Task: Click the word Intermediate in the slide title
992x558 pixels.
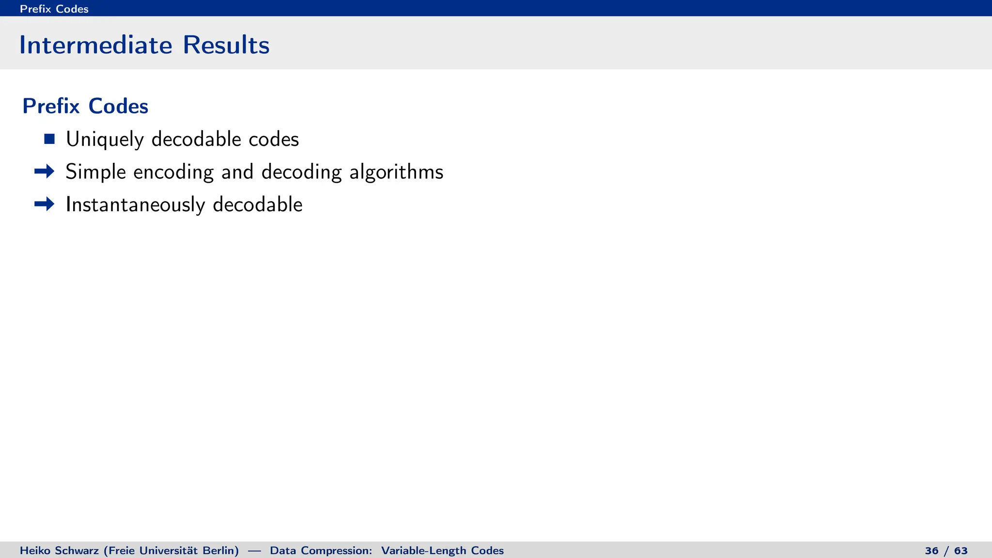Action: tap(95, 45)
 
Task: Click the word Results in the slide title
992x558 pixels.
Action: tap(226, 45)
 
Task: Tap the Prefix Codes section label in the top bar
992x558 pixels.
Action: tap(54, 9)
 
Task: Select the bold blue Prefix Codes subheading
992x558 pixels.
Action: tap(85, 106)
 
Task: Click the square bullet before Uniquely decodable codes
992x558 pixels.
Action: tap(49, 139)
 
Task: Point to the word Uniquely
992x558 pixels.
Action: tap(105, 139)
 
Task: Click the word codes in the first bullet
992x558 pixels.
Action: tap(274, 139)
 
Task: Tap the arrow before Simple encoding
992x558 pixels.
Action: tap(45, 171)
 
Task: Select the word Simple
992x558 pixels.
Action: tap(96, 172)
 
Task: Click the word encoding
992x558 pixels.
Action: tap(173, 172)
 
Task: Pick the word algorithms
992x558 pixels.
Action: tap(396, 172)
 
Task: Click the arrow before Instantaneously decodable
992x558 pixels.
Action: tap(45, 204)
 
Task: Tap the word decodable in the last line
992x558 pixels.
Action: tap(258, 204)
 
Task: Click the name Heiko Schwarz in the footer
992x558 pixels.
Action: tap(59, 551)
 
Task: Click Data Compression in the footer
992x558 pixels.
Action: tap(321, 551)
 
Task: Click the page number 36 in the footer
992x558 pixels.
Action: tap(931, 551)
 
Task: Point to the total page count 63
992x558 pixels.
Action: tap(961, 551)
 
